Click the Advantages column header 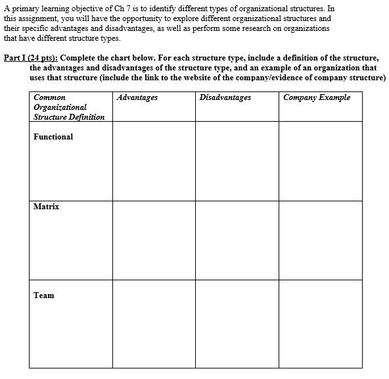[x=136, y=97]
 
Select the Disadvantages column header [x=225, y=97]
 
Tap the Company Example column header [x=317, y=97]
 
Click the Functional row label [x=53, y=137]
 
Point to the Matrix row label [x=46, y=207]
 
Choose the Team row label [x=43, y=295]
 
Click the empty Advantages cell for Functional [x=153, y=161]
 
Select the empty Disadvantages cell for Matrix [x=236, y=240]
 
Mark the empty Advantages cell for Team [x=153, y=324]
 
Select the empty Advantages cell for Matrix [x=153, y=240]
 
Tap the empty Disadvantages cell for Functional [x=236, y=161]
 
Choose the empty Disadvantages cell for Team [x=236, y=324]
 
